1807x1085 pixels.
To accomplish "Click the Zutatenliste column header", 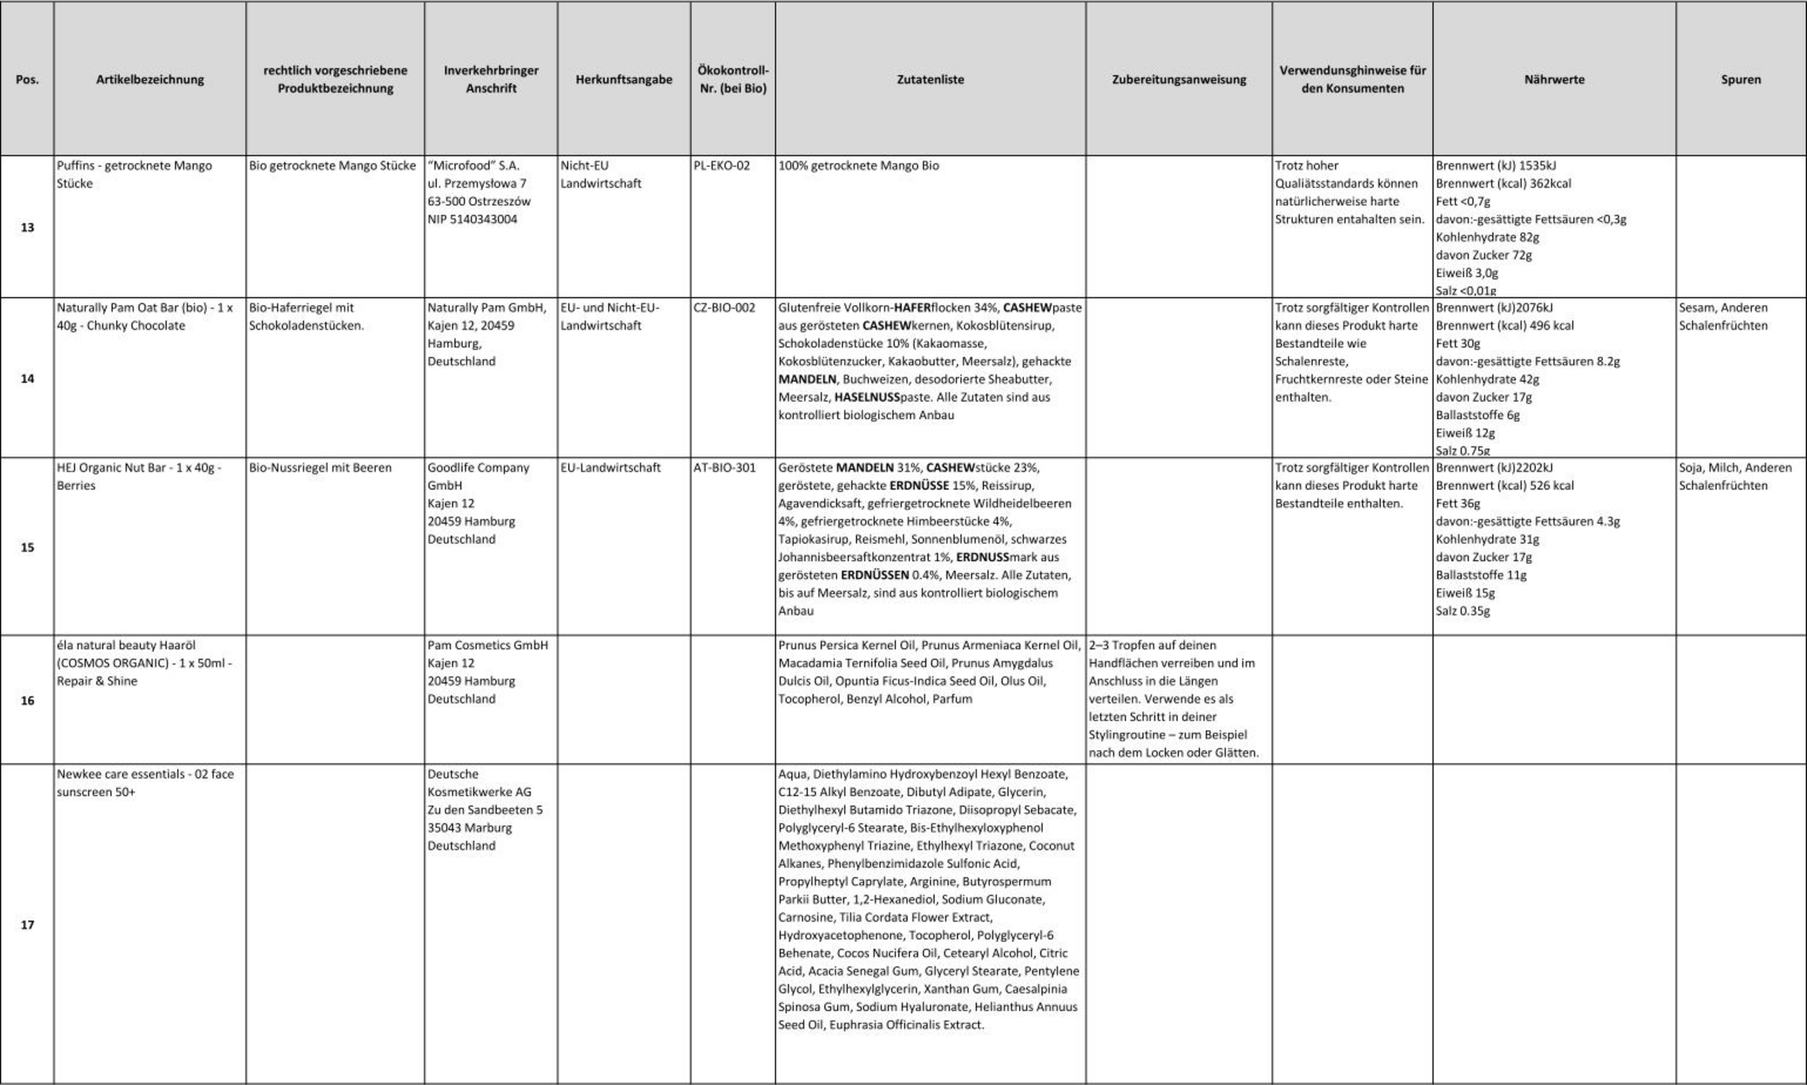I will tap(930, 79).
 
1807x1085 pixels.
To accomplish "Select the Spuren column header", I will tap(1740, 79).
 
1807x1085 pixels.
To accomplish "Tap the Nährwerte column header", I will tap(1554, 79).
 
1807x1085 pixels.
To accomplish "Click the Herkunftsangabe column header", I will tap(623, 79).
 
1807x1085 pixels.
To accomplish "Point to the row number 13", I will tap(27, 227).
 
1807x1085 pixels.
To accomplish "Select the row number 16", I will tap(27, 700).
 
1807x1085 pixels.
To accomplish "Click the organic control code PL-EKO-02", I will tap(721, 166).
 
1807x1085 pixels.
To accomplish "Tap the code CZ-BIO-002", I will tap(724, 308).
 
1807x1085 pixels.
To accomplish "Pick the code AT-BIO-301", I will tap(724, 468).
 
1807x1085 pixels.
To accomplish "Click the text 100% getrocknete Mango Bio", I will tap(858, 166).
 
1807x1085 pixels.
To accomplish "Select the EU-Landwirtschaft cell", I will tap(610, 468).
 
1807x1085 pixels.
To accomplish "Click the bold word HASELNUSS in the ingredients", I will tap(867, 397).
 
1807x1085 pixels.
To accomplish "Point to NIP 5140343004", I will tap(472, 220).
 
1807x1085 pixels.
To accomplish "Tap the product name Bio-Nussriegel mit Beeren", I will tap(320, 468).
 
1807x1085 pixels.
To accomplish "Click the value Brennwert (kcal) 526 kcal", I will tap(1504, 486).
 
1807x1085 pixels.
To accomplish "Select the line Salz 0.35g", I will tap(1462, 611).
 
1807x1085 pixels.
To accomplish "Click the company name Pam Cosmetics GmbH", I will tap(487, 645).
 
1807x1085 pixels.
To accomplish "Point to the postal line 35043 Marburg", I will tap(469, 827).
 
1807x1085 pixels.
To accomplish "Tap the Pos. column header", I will tap(27, 79).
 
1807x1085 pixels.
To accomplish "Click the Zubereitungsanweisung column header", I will tap(1178, 79).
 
